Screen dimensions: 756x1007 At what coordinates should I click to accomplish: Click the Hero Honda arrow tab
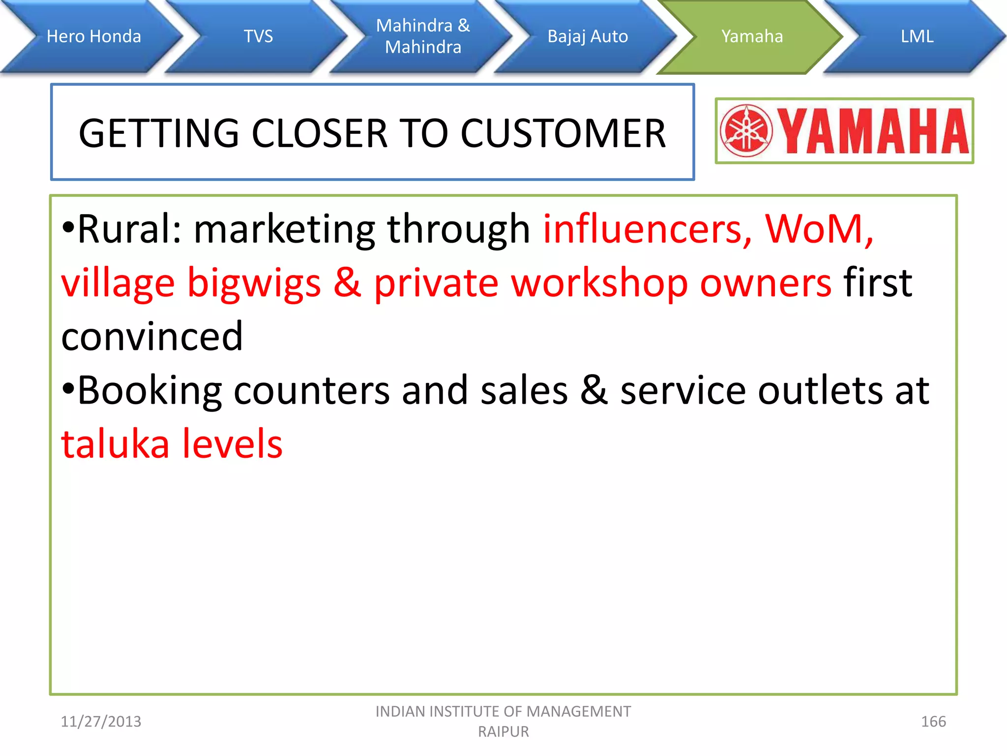[x=93, y=36]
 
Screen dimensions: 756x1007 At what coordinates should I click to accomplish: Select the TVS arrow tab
[x=258, y=36]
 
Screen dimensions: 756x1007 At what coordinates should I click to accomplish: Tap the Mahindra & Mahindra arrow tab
[x=423, y=36]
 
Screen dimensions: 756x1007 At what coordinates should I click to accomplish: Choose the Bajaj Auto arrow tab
[x=588, y=36]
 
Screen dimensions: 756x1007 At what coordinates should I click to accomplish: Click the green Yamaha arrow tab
[x=751, y=36]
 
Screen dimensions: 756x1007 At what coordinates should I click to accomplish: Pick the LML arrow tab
[x=917, y=36]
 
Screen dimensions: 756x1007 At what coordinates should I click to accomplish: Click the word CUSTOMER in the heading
[x=563, y=133]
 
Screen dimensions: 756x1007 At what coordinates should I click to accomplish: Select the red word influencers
[x=647, y=229]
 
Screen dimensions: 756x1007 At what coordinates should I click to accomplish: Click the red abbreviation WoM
[x=819, y=229]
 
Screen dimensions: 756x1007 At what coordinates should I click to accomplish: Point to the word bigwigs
[x=254, y=283]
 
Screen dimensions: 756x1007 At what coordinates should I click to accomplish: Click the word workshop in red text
[x=599, y=283]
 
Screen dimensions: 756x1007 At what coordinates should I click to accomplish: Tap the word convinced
[x=152, y=337]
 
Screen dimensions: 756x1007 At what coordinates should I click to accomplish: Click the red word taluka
[x=115, y=444]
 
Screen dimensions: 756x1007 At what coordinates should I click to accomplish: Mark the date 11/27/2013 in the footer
[x=101, y=722]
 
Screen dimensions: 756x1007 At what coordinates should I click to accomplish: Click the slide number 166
[x=933, y=722]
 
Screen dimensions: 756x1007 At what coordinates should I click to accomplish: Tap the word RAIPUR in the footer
[x=503, y=732]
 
